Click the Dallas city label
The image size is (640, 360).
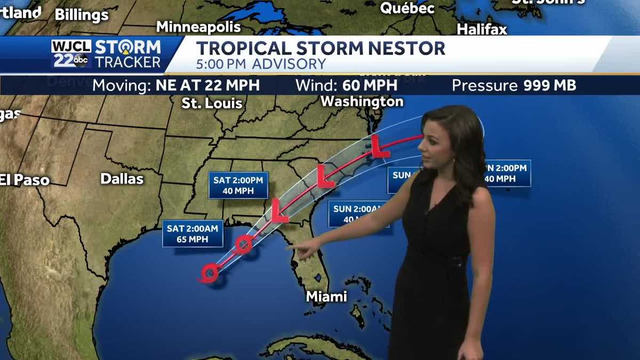coord(122,179)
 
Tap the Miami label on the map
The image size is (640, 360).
coord(326,297)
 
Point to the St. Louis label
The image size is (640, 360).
coord(212,103)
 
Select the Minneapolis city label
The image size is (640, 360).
coord(198,27)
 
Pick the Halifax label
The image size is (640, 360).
coord(482,30)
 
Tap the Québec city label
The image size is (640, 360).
coord(407,9)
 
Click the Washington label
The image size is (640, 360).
coord(362,101)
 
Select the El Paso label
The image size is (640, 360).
coord(25,180)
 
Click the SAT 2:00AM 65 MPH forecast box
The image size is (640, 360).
coord(193,234)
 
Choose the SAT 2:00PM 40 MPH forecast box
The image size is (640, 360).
coord(238,185)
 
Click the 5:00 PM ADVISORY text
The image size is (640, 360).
coord(261,64)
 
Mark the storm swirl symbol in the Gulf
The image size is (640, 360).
coord(209,274)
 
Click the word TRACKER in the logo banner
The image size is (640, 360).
coord(127,62)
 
